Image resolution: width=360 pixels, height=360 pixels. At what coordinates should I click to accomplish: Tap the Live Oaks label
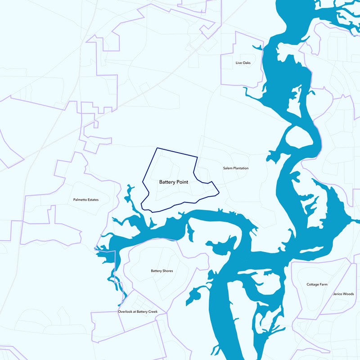[x=243, y=63]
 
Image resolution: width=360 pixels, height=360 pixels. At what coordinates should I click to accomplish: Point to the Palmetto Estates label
[x=85, y=199]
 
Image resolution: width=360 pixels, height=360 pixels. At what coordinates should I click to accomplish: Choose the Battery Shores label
[x=162, y=271]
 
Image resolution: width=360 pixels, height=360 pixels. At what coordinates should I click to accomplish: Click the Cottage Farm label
[x=317, y=284]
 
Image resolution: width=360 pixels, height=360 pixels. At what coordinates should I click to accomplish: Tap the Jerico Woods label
[x=343, y=294]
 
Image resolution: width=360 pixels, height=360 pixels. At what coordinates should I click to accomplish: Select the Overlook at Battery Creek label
[x=138, y=311]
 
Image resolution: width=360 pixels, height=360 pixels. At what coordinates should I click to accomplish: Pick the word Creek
[x=153, y=311]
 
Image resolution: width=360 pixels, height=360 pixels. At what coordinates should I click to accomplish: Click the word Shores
[x=168, y=271]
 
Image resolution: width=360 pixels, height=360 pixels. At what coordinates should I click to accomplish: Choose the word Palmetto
[x=80, y=199]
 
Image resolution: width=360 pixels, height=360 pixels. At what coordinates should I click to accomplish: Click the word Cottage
[x=313, y=284]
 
